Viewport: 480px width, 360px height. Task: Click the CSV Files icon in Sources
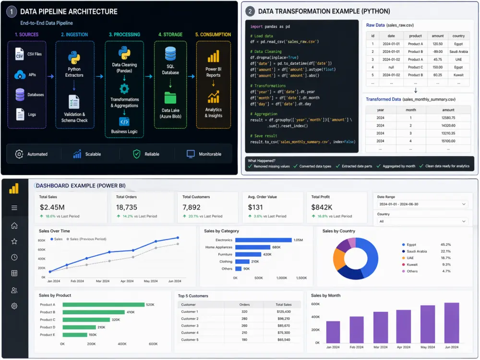(x=19, y=54)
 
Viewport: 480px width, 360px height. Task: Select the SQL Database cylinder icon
(x=170, y=54)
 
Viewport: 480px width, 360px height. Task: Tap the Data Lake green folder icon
(x=170, y=97)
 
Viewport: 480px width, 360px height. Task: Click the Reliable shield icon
(x=136, y=154)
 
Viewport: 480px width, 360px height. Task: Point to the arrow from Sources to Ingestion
(x=51, y=76)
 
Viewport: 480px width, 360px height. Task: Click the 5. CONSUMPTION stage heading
(x=213, y=35)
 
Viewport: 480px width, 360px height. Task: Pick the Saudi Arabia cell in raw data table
(x=458, y=52)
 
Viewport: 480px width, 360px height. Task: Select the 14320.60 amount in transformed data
(x=448, y=125)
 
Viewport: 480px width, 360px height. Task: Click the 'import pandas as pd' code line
(x=270, y=26)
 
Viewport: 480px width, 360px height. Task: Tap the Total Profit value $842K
(x=322, y=207)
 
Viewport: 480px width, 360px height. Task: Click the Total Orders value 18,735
(x=126, y=207)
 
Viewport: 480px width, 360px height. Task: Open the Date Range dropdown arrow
(x=464, y=204)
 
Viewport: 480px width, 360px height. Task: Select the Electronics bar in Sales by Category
(x=263, y=240)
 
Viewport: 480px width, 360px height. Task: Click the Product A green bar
(x=104, y=305)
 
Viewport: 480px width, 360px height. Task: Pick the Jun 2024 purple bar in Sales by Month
(x=452, y=323)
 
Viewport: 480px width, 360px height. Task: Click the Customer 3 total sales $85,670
(x=284, y=326)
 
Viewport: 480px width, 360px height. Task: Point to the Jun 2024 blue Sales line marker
(x=178, y=238)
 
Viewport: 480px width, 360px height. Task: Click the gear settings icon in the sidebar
(x=14, y=306)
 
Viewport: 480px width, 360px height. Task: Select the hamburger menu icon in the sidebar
(x=14, y=208)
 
